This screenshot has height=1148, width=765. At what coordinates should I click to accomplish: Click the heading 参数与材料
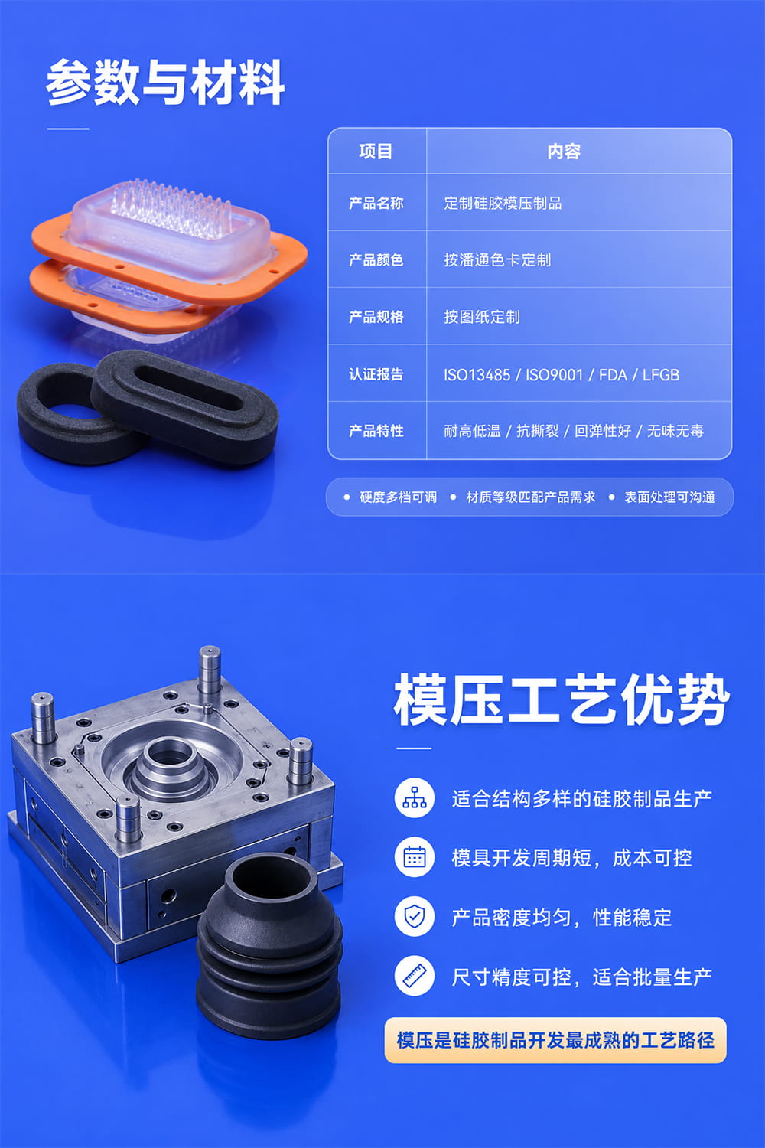tap(165, 82)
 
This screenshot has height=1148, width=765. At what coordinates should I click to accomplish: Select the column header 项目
tap(376, 152)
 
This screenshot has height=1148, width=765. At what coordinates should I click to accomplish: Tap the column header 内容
tap(564, 152)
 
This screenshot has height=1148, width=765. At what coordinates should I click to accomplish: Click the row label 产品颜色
tap(376, 260)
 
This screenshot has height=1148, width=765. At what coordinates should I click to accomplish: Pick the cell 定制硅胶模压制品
tap(503, 204)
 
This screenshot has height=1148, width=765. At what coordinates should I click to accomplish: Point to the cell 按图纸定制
tap(482, 318)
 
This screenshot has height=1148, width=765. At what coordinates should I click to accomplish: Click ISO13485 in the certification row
tap(477, 375)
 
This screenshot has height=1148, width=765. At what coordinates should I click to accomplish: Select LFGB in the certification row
tap(660, 375)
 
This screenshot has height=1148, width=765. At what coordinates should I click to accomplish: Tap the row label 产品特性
tap(376, 431)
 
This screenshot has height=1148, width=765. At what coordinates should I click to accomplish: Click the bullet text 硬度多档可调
tap(398, 497)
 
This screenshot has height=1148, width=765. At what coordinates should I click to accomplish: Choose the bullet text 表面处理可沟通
tap(669, 497)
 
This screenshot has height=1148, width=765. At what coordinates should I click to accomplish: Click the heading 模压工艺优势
tap(561, 699)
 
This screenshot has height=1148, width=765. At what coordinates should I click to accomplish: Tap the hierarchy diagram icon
tap(415, 797)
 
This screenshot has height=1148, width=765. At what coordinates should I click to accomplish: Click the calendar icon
tap(415, 857)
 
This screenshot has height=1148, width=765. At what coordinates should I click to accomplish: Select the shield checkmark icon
tap(415, 916)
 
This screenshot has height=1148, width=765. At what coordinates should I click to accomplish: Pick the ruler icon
tap(415, 976)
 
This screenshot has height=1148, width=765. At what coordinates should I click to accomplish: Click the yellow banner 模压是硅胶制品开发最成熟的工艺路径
tap(555, 1040)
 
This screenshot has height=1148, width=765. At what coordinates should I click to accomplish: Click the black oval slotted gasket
tap(184, 405)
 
